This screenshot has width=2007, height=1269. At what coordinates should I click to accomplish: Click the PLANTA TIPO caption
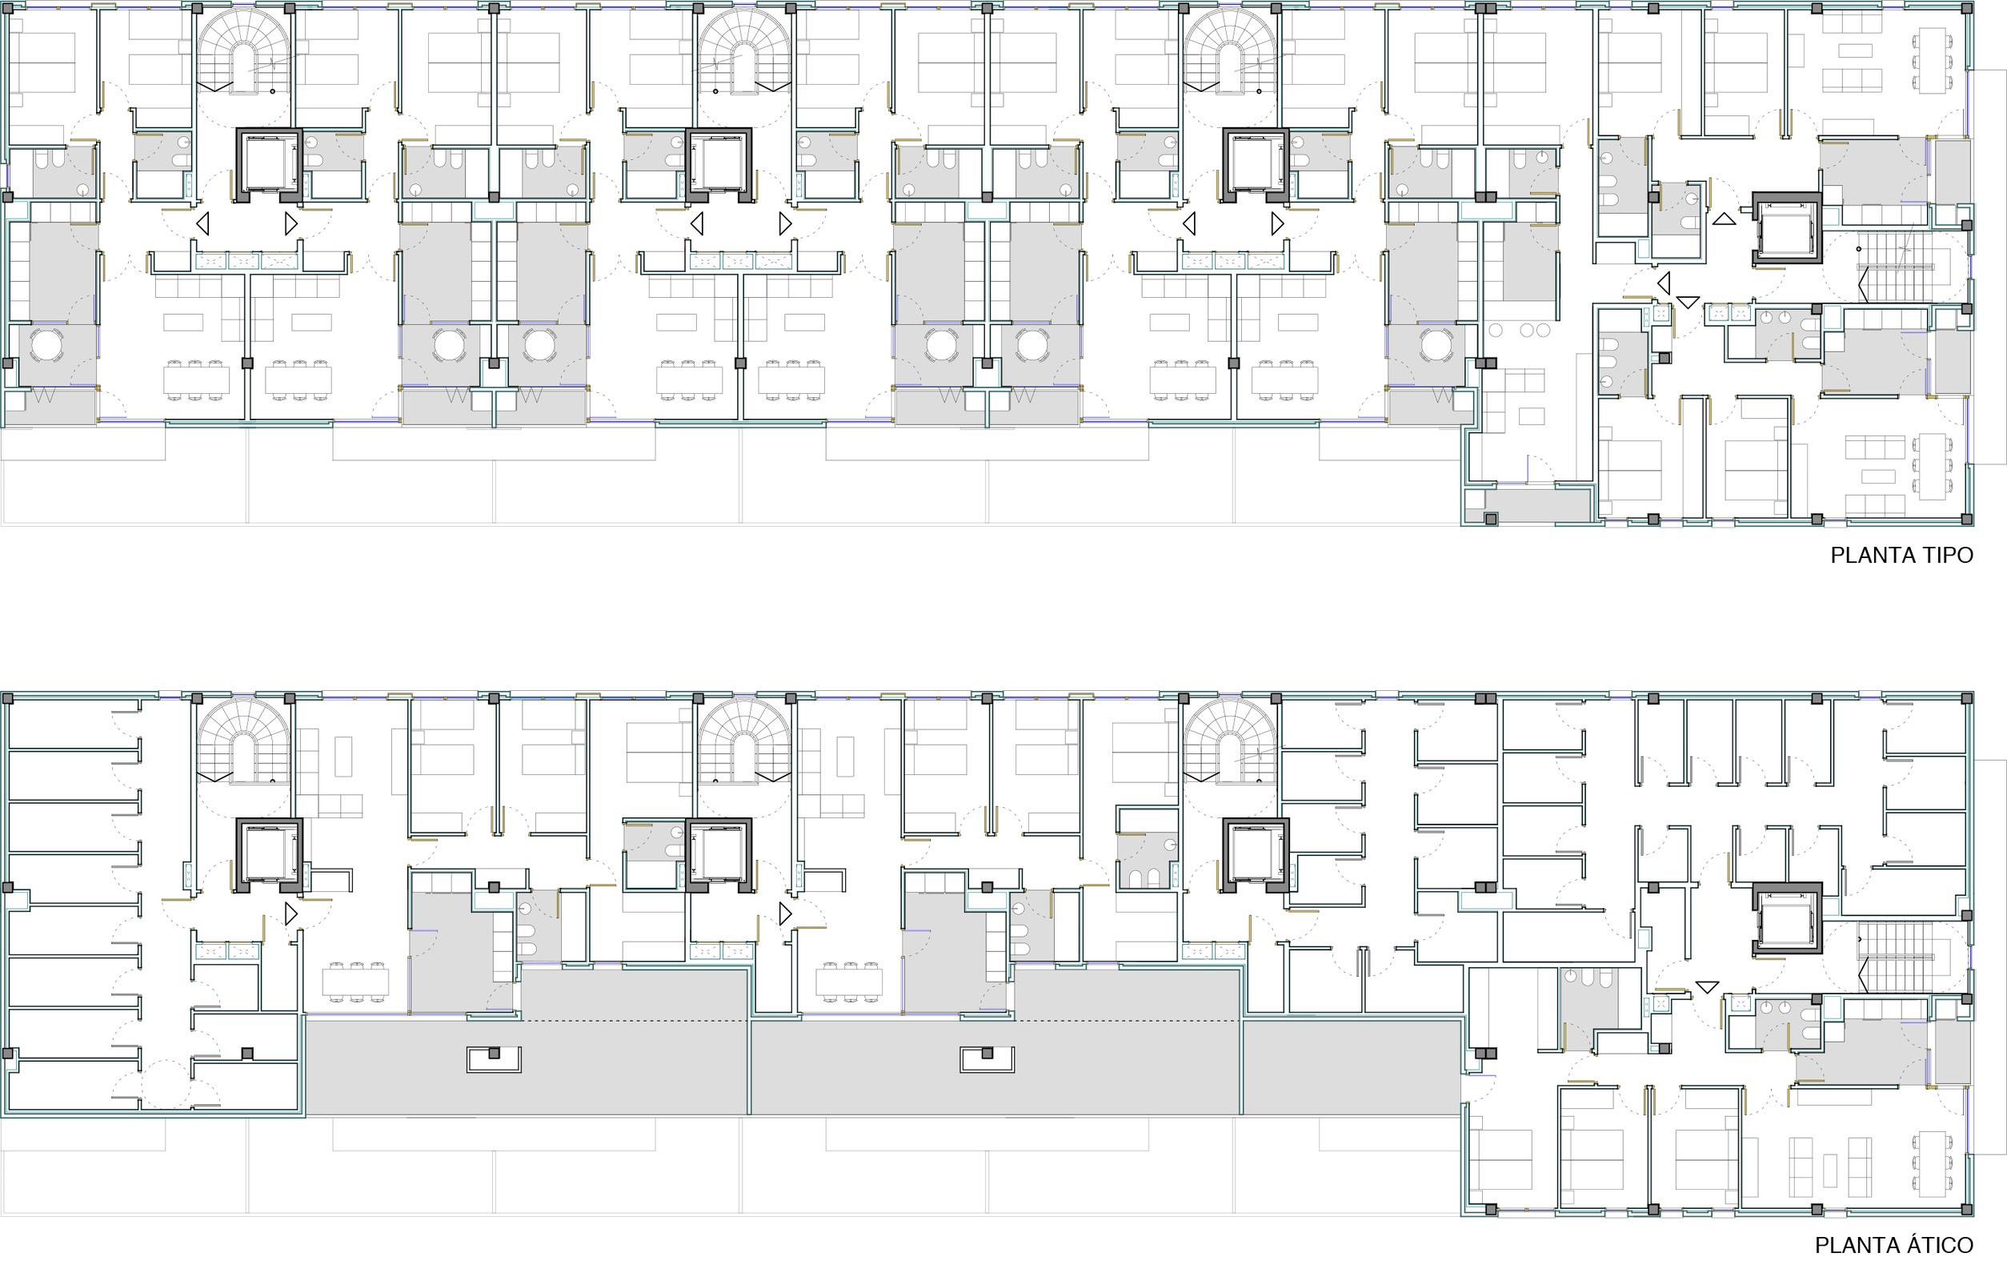tap(1901, 556)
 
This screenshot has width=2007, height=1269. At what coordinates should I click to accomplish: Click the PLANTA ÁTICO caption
tap(1893, 1246)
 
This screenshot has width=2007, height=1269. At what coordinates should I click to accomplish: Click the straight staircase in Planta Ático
tap(1895, 956)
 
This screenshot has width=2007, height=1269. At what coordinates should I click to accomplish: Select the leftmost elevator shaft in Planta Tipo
tap(269, 164)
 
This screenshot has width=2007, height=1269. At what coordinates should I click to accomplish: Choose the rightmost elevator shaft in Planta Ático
tap(1787, 918)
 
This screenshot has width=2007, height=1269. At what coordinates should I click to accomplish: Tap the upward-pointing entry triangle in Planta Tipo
tap(1725, 219)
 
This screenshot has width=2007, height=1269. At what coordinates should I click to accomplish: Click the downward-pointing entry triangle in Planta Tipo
tap(1688, 302)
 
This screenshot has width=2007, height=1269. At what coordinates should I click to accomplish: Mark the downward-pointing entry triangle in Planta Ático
tap(1707, 987)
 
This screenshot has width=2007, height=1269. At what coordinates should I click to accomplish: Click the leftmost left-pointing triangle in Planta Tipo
tap(202, 223)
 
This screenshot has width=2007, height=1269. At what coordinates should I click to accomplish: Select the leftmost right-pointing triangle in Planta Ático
tap(290, 914)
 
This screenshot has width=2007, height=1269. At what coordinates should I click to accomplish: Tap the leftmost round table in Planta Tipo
tap(46, 345)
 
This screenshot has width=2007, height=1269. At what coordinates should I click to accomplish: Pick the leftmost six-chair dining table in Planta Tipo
tap(196, 380)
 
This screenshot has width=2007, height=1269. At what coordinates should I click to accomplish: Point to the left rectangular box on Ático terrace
tap(494, 1059)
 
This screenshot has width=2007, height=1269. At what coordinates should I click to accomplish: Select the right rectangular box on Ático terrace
tap(987, 1059)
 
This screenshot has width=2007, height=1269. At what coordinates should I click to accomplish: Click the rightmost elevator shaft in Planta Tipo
tap(1787, 228)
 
